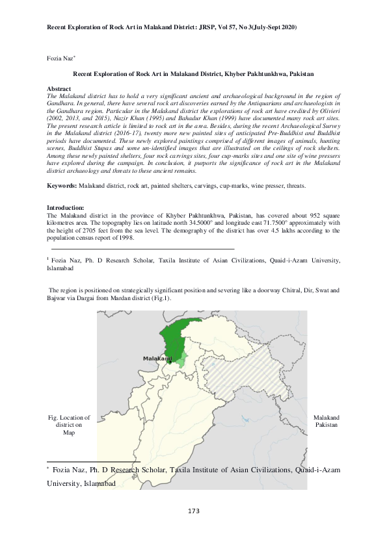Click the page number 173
(193, 511)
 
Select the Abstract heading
(60, 88)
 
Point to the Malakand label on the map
(157, 358)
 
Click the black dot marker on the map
(170, 363)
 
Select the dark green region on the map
(170, 335)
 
